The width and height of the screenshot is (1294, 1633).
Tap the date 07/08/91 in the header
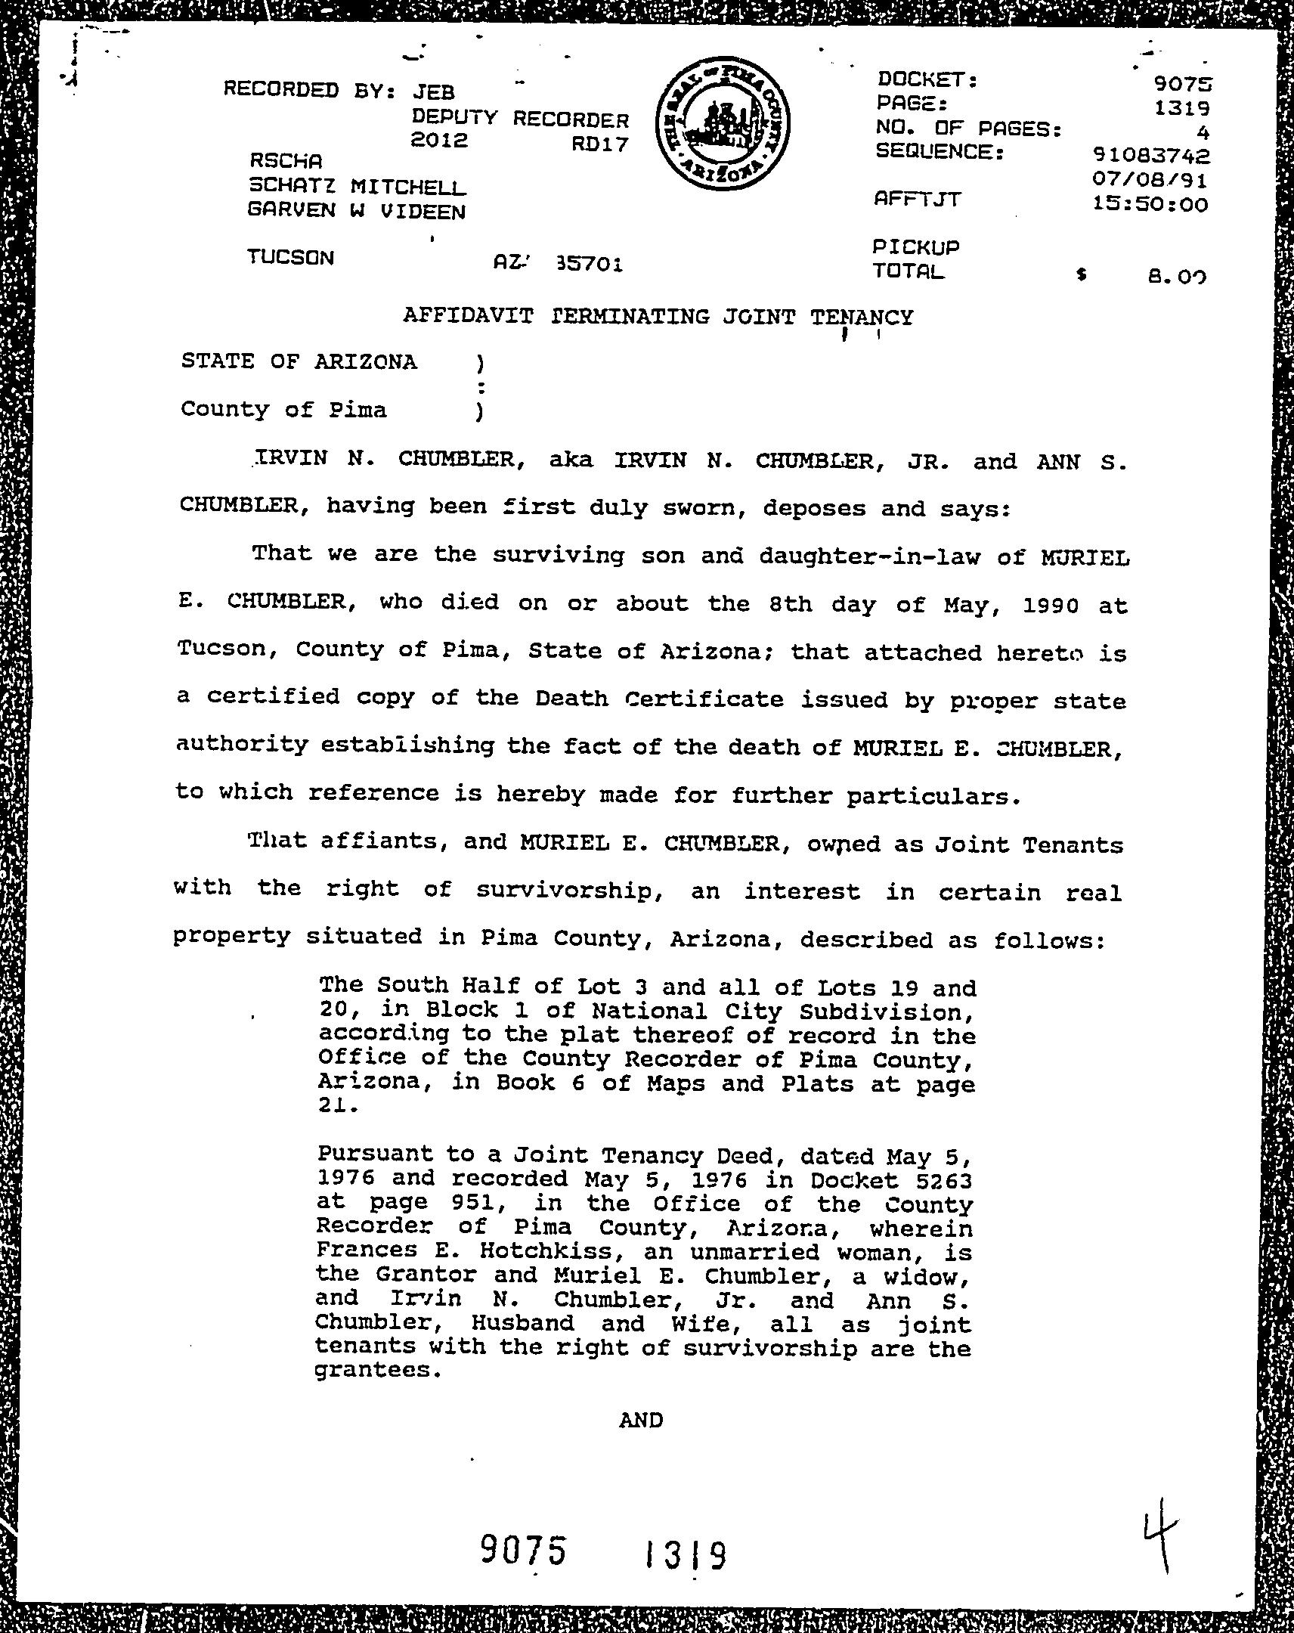pyautogui.click(x=1151, y=180)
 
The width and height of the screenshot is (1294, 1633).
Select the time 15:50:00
pyautogui.click(x=1151, y=205)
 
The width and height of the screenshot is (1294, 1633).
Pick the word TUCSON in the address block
pyautogui.click(x=290, y=258)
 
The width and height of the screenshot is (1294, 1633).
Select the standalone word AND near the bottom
pyautogui.click(x=640, y=1420)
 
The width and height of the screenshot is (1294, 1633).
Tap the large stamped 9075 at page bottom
pyautogui.click(x=523, y=1552)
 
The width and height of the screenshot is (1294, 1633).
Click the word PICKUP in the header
pyautogui.click(x=916, y=247)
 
